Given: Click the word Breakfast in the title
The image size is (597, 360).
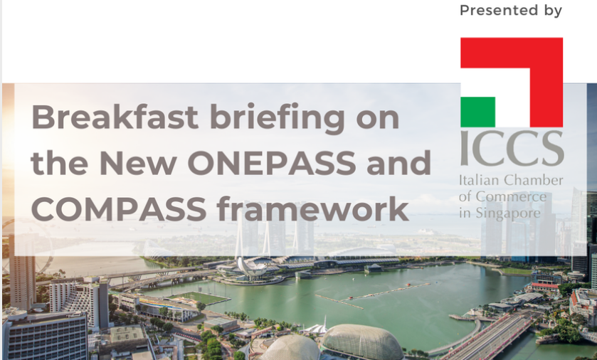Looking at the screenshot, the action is pos(115,117).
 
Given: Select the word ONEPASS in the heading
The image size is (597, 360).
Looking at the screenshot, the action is pos(272,163).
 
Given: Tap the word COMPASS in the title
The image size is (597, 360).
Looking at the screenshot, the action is pos(119,208).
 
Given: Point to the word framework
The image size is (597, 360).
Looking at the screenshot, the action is pos(312,208).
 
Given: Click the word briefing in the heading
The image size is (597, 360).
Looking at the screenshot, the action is pos(278,119).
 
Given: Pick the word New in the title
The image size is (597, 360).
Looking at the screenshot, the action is pos(138,163).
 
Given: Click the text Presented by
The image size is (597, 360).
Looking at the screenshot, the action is pos(511,11).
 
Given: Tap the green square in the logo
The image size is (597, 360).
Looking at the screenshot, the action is pos(478,112).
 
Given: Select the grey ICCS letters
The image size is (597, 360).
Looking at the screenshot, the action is pos(512,148).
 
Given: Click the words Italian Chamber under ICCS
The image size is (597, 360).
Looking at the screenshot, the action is pos(511,180).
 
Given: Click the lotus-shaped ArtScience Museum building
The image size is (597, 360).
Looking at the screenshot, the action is pos(251,266).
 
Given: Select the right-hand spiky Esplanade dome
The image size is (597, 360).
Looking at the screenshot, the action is pos(361,341).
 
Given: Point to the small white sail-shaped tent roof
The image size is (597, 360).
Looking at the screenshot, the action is pos(317,328).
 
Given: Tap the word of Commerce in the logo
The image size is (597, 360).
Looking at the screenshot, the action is pos(502,197).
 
